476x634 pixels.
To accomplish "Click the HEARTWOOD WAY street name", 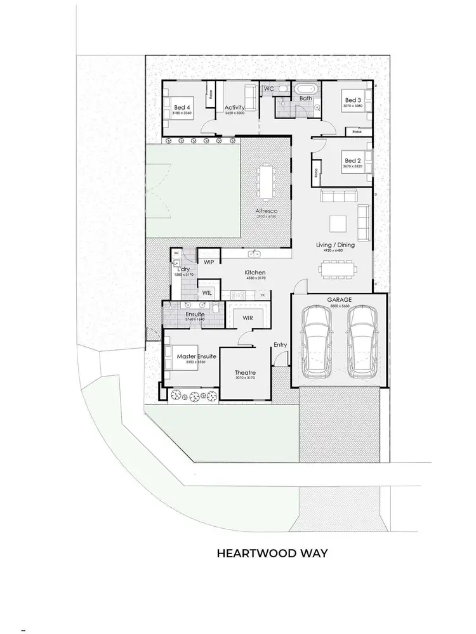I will [x=272, y=553].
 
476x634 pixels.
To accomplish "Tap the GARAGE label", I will [x=340, y=300].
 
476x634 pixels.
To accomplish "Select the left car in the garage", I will [x=317, y=341].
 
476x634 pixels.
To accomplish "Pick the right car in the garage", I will [x=361, y=341].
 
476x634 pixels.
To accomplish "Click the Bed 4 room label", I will [x=182, y=108].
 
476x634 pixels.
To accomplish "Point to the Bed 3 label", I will [x=353, y=100].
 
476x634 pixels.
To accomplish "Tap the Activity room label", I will [x=234, y=108].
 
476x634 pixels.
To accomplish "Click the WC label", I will [x=268, y=88].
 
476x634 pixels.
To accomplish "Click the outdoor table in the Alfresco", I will [x=265, y=181].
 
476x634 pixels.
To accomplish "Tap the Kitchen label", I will [x=255, y=273].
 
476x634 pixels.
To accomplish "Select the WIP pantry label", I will [x=208, y=261].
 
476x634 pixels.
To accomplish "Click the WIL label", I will [x=206, y=292].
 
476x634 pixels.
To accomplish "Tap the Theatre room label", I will [x=245, y=372].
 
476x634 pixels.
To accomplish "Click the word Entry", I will [x=280, y=345].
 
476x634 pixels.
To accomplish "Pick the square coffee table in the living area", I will [x=338, y=224].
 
